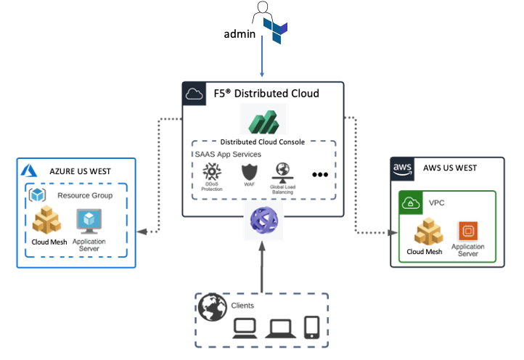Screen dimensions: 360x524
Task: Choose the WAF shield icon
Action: pyautogui.click(x=249, y=173)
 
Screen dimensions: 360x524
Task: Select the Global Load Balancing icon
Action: pyautogui.click(x=282, y=172)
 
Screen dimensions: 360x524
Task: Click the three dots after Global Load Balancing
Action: pyautogui.click(x=320, y=175)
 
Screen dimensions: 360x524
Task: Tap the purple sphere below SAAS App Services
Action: pyautogui.click(x=262, y=221)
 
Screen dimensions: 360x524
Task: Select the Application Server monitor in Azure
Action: pyautogui.click(x=89, y=221)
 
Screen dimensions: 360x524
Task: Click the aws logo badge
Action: pyautogui.click(x=403, y=168)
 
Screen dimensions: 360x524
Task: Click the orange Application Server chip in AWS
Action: pyautogui.click(x=467, y=231)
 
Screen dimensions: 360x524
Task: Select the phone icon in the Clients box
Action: pyautogui.click(x=311, y=328)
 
